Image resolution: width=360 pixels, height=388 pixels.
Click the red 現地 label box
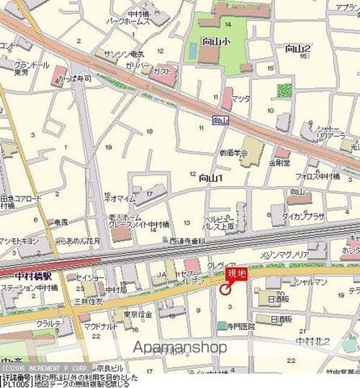coord(236,276)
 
